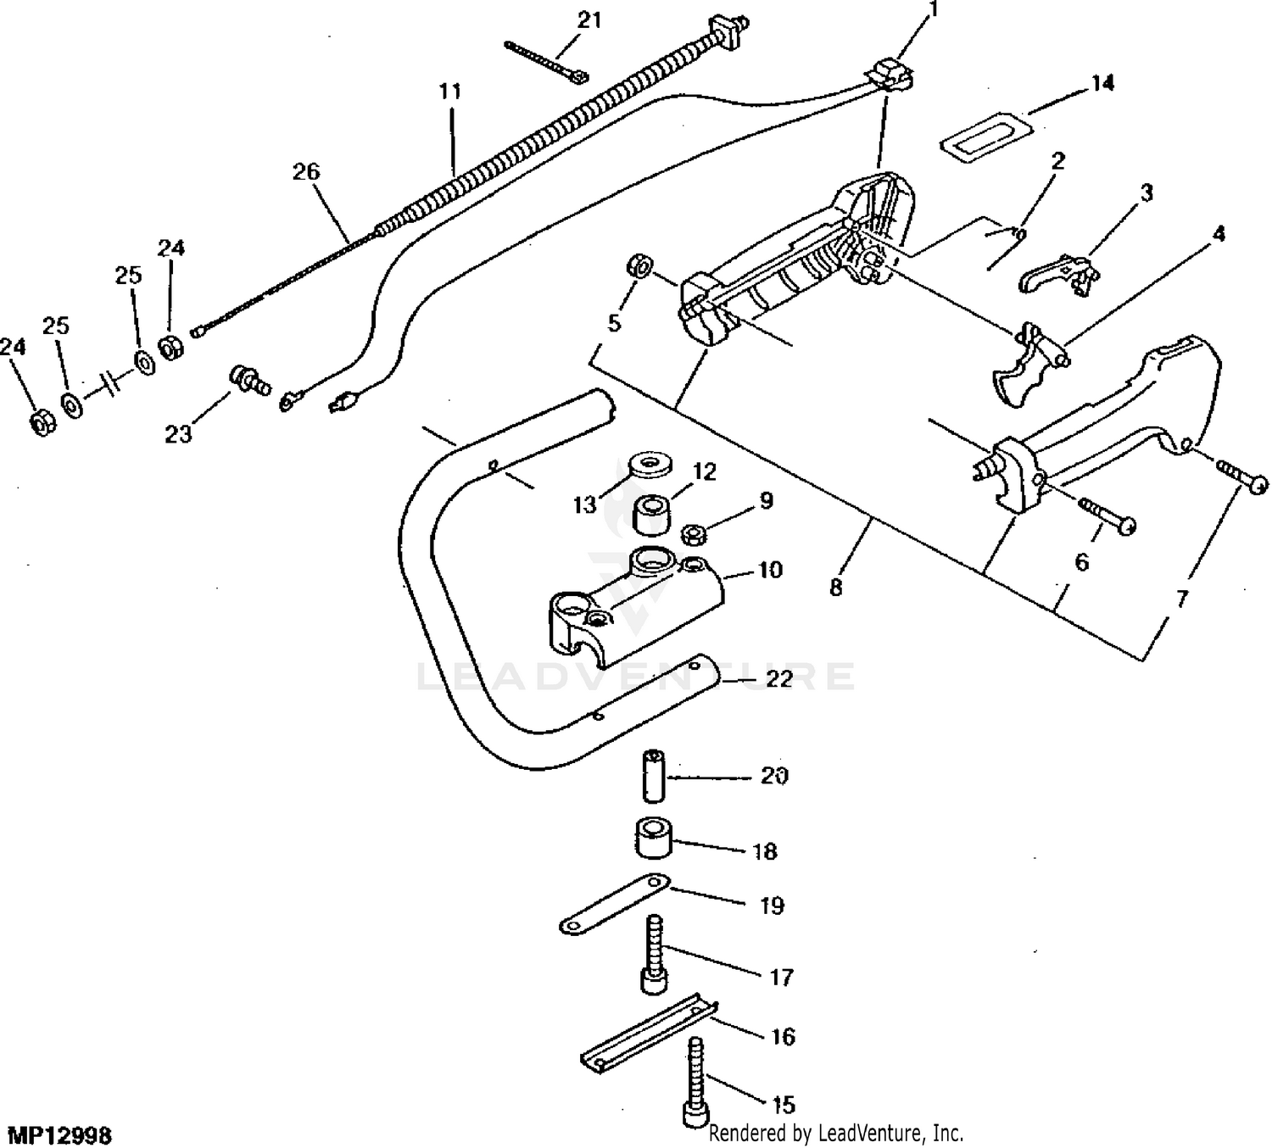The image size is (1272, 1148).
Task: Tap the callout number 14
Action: [x=1102, y=83]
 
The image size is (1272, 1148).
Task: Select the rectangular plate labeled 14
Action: [x=986, y=133]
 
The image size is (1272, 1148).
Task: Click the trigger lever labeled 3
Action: [x=1059, y=275]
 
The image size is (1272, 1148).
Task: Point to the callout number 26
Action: [x=306, y=171]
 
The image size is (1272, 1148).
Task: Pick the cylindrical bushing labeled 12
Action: [x=655, y=515]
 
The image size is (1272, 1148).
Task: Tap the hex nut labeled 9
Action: [x=694, y=535]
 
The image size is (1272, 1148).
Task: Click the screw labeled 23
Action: [x=249, y=381]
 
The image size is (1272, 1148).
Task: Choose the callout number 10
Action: [x=770, y=570]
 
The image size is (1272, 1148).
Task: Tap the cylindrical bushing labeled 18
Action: [x=654, y=838]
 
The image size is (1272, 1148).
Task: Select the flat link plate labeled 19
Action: [x=615, y=904]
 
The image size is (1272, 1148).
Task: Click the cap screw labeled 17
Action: [x=654, y=954]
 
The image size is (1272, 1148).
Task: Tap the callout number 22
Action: [x=779, y=679]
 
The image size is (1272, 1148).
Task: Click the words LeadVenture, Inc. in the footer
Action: [x=891, y=1132]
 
